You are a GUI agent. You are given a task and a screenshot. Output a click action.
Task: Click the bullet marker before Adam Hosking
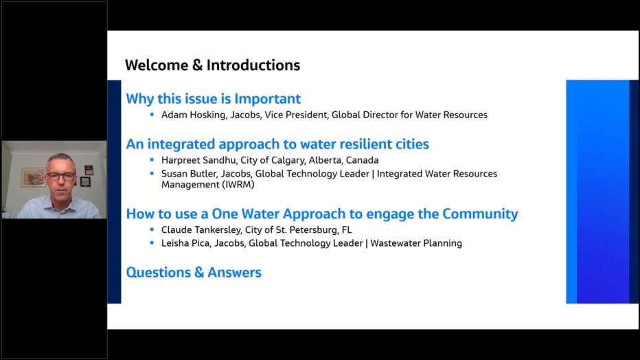point(152,115)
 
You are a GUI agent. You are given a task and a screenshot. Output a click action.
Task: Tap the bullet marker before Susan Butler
point(152,174)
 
